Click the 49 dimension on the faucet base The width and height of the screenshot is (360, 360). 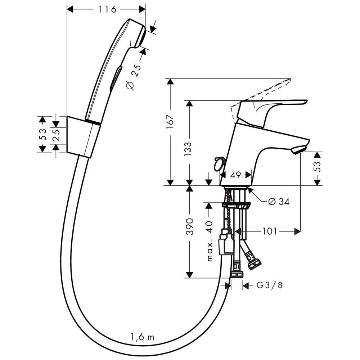click(x=235, y=175)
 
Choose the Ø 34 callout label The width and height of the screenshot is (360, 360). click(x=279, y=202)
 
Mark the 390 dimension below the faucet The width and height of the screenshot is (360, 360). click(x=190, y=226)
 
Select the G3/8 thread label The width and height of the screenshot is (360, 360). click(x=269, y=285)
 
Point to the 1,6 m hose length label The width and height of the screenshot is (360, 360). click(x=142, y=337)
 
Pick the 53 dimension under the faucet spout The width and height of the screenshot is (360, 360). click(x=317, y=168)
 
